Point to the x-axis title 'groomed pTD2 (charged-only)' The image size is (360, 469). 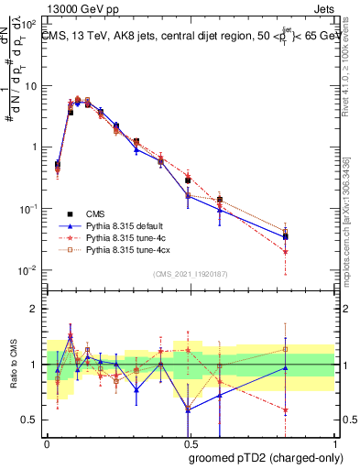point(265,458)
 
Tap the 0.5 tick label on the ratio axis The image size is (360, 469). point(34,420)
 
